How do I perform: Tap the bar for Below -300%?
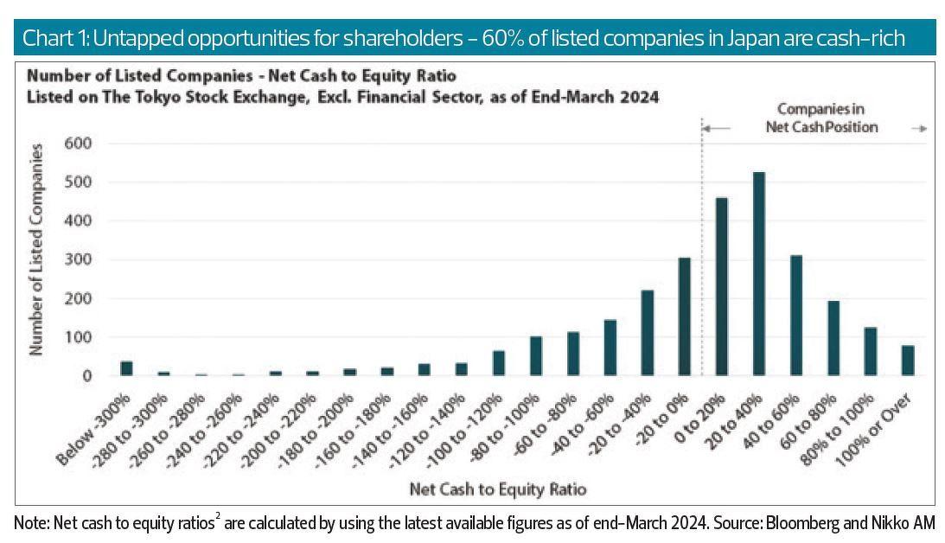click(x=126, y=368)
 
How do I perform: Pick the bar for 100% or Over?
click(x=907, y=361)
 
